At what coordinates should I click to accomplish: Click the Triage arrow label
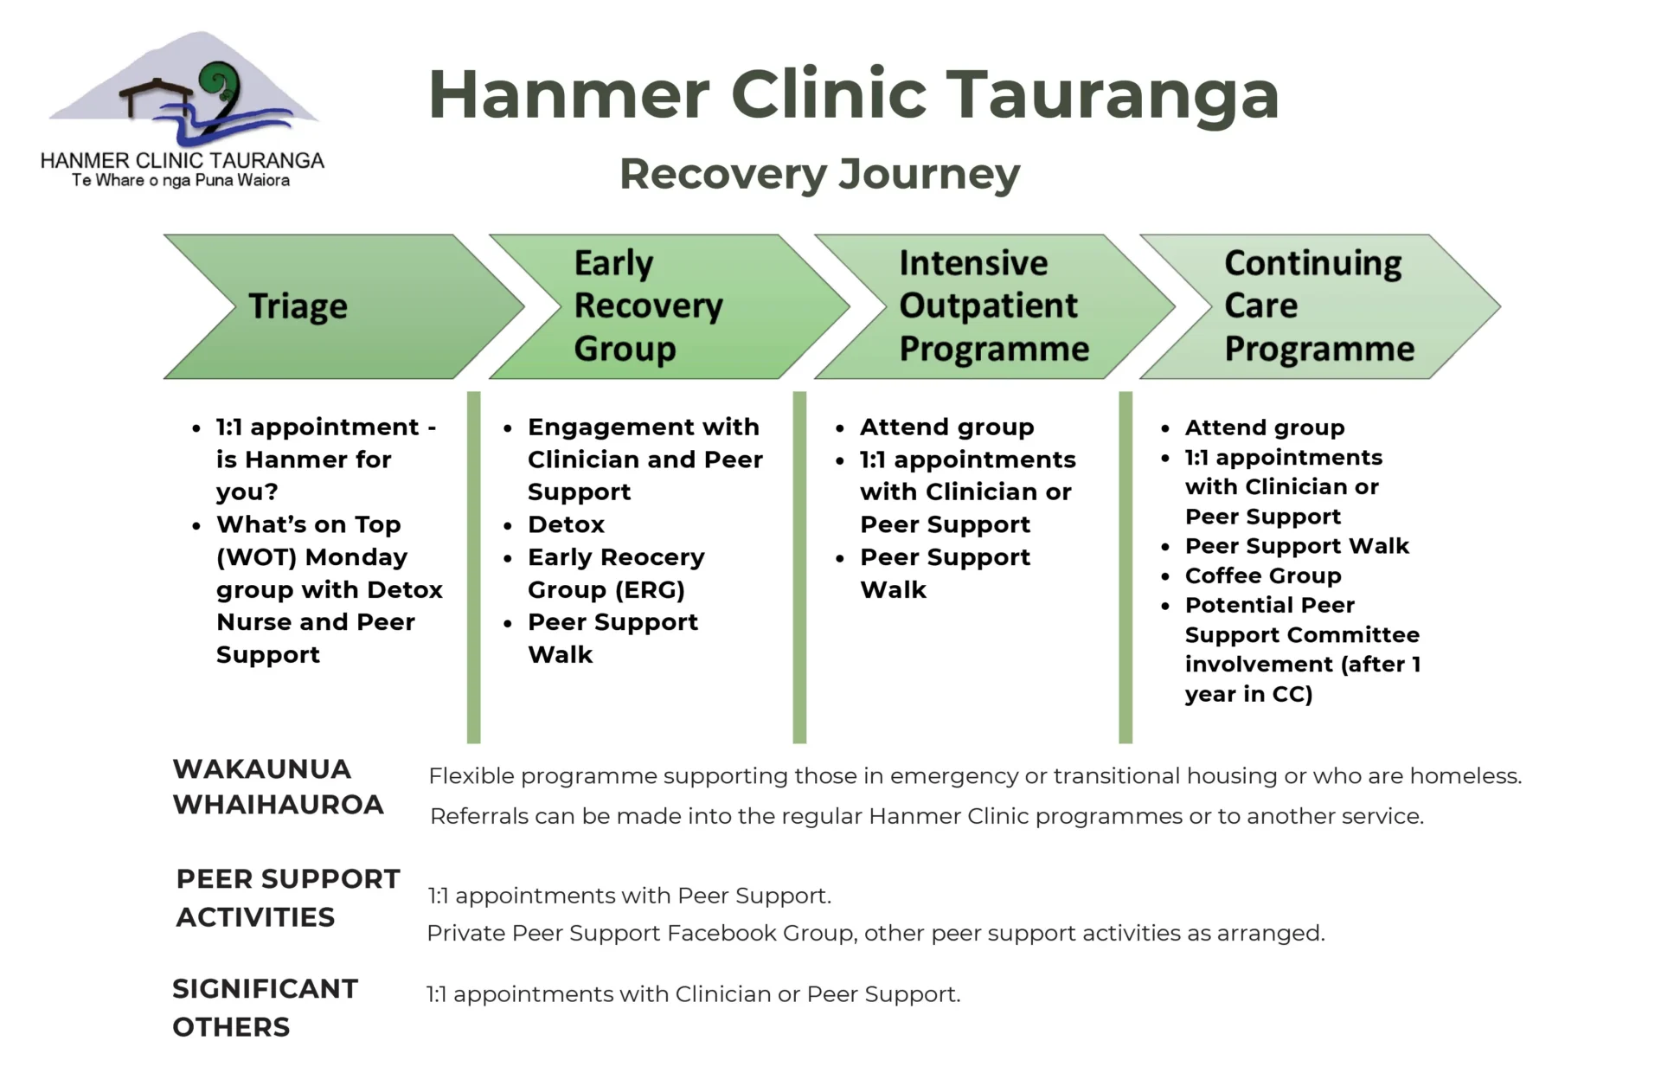coord(298,306)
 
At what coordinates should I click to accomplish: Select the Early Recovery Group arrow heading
coord(648,305)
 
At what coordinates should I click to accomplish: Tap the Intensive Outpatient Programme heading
coord(993,305)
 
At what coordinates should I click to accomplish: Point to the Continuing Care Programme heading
coord(1318,305)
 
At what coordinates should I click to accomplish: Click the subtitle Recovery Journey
coord(819,174)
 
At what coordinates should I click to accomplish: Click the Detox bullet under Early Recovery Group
coord(566,524)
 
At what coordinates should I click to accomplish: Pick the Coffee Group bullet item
coord(1262,575)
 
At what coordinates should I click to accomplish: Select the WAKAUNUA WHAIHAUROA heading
coord(278,787)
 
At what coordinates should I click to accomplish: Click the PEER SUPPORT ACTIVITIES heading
coord(287,897)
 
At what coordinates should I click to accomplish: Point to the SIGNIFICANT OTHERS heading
coord(265,1007)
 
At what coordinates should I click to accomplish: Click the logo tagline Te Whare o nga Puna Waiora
coord(181,181)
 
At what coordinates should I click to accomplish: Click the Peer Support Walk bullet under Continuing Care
coord(1296,546)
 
